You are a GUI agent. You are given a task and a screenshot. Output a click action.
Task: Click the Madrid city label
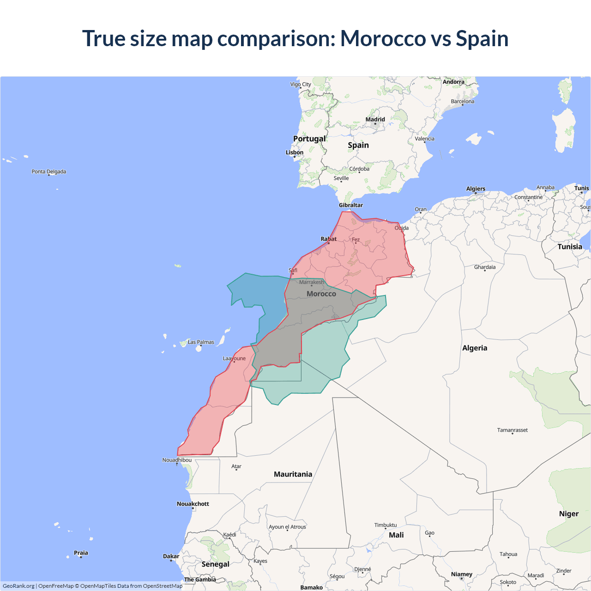[x=375, y=120]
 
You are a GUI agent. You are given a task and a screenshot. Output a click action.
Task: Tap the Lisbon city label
[x=295, y=152]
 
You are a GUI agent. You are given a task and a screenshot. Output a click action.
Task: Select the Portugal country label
[x=309, y=139]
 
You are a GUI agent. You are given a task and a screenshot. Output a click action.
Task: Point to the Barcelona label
[x=462, y=102]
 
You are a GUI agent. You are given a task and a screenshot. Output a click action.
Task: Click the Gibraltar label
[x=351, y=205]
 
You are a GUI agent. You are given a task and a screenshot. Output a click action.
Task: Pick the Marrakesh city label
[x=312, y=282]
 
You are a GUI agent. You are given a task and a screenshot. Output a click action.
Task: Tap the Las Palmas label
[x=201, y=342]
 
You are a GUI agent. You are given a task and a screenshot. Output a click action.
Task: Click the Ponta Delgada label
[x=49, y=172]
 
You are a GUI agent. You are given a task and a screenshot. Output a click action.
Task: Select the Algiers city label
[x=476, y=189]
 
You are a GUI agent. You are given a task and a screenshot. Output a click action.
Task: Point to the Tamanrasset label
[x=512, y=430]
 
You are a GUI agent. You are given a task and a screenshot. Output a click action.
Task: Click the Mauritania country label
[x=293, y=474]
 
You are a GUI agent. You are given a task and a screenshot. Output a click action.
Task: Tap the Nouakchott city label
[x=193, y=504]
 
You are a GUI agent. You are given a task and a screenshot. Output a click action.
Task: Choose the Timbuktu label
[x=386, y=525]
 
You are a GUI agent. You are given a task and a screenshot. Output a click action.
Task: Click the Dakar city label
[x=171, y=556]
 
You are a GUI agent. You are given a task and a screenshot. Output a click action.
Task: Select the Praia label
[x=81, y=553]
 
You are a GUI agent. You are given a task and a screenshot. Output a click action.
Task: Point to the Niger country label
[x=568, y=514]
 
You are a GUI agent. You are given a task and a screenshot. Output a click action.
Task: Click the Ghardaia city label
[x=485, y=267]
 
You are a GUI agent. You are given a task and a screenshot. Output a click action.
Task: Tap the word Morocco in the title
[x=383, y=38]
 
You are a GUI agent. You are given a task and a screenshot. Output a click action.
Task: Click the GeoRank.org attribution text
[x=18, y=586]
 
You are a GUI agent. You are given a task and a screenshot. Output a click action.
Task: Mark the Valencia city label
[x=424, y=139]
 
